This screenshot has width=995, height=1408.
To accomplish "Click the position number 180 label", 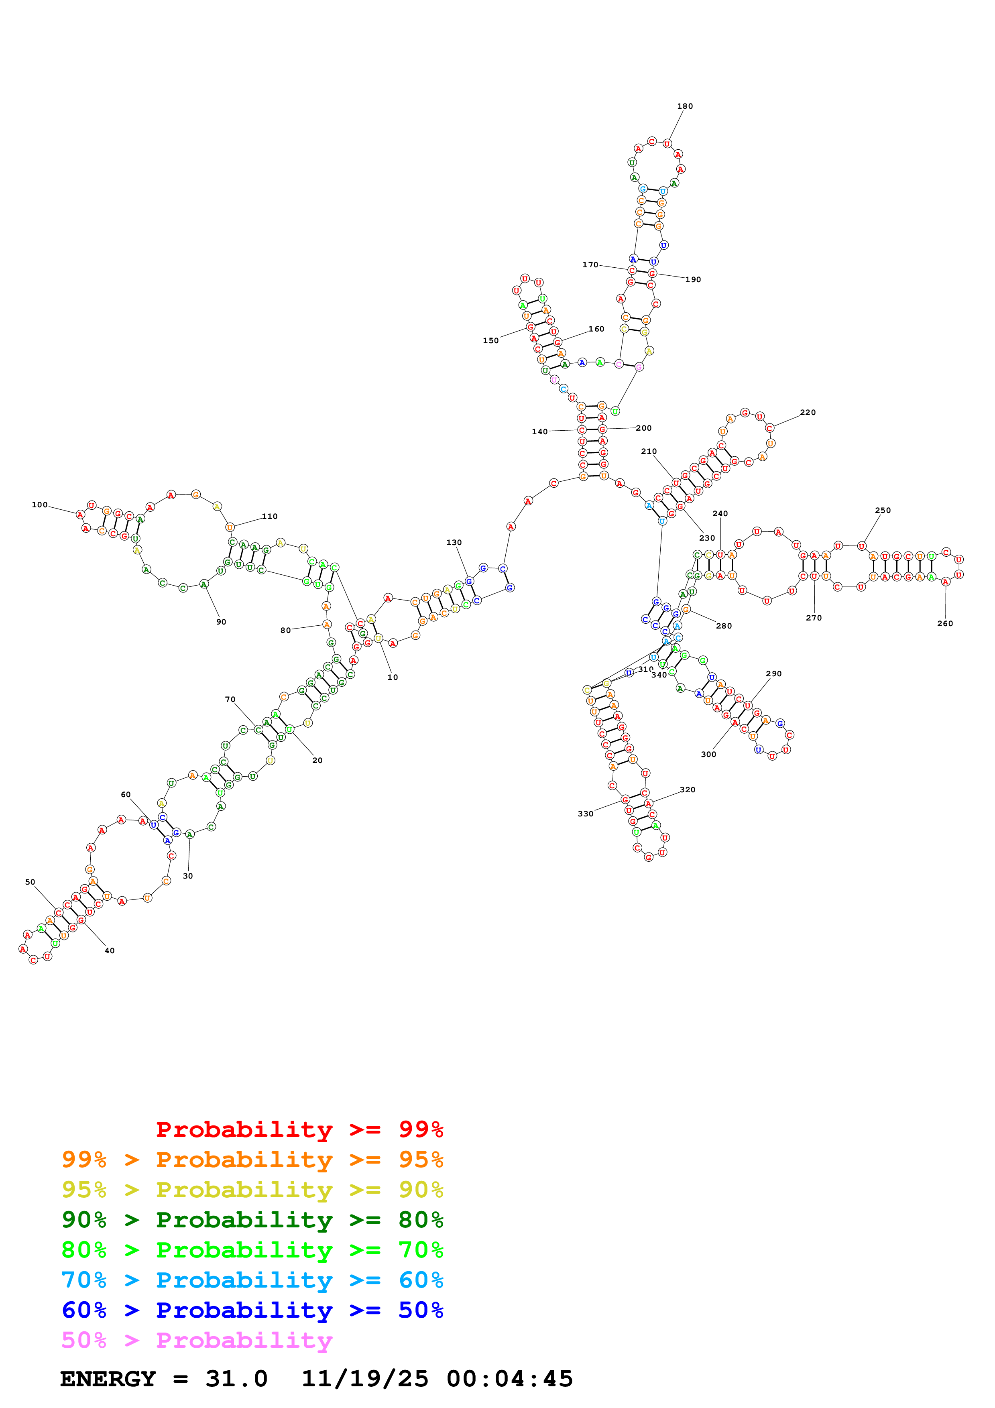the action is tap(685, 106).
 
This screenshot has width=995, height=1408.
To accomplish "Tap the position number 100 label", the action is tap(40, 505).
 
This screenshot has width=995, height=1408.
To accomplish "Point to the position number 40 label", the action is tap(110, 950).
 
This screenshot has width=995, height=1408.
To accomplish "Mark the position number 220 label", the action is tap(808, 412).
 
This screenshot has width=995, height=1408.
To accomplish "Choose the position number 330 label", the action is tap(586, 814).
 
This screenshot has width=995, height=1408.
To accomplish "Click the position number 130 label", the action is tap(454, 542).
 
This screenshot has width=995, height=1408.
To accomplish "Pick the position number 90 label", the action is tap(221, 622).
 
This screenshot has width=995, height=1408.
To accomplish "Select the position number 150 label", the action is tap(490, 340).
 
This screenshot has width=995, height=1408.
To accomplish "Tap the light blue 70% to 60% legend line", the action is tap(252, 1280).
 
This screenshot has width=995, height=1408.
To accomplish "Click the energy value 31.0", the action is tap(237, 1379).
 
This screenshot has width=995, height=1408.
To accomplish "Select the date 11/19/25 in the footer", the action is tap(365, 1379).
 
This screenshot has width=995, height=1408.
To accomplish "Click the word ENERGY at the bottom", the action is tap(108, 1379).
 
